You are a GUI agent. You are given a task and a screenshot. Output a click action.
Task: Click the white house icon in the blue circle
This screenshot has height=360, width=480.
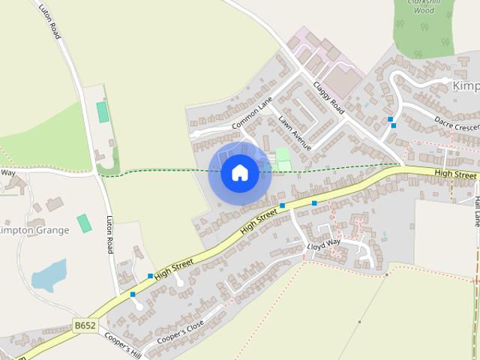239,172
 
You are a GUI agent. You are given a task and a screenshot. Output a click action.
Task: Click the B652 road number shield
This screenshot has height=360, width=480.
85,325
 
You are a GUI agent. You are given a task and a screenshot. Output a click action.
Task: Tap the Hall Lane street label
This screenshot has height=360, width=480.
475,211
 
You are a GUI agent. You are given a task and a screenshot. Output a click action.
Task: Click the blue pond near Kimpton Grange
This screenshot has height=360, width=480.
49,275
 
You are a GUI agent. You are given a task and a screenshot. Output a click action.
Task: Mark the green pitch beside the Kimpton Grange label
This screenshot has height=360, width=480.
84,223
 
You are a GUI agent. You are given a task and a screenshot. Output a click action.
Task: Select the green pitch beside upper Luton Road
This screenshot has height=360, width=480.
102,112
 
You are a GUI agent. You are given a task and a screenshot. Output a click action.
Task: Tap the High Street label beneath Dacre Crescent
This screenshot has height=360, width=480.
455,174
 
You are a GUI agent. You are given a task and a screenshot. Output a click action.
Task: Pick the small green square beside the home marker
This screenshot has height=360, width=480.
282,156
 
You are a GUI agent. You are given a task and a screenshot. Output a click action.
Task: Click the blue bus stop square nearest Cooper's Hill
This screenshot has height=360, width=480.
133,294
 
